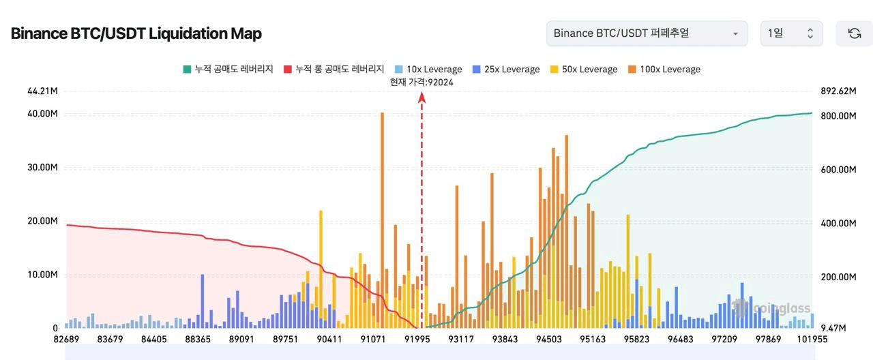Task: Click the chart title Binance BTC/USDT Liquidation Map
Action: point(136,33)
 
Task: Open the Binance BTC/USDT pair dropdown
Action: point(646,33)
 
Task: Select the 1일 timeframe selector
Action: point(791,33)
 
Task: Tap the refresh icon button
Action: point(854,33)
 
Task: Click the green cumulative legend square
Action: point(187,69)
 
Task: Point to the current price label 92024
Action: point(421,82)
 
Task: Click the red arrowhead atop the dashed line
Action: point(421,97)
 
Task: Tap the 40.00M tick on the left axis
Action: point(43,113)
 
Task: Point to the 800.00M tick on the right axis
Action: point(838,116)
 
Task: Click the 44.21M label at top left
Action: point(42,91)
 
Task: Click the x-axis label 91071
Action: point(373,339)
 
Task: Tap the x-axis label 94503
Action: point(549,339)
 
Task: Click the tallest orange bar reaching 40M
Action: point(382,218)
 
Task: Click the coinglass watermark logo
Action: point(771,308)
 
